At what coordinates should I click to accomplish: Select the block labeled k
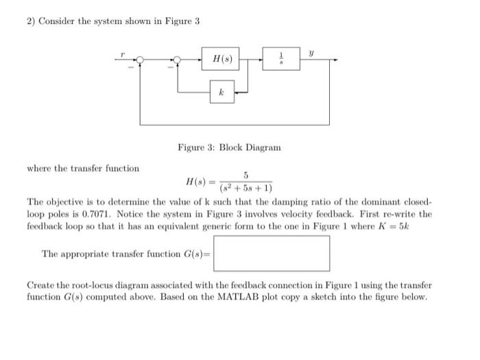pyautogui.click(x=221, y=91)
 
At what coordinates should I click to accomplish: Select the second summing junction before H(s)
pyautogui.click(x=178, y=60)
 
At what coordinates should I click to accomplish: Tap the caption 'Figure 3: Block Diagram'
pyautogui.click(x=229, y=147)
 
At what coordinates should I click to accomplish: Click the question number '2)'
pyautogui.click(x=31, y=21)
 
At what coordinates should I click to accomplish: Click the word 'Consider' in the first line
pyautogui.click(x=56, y=21)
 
